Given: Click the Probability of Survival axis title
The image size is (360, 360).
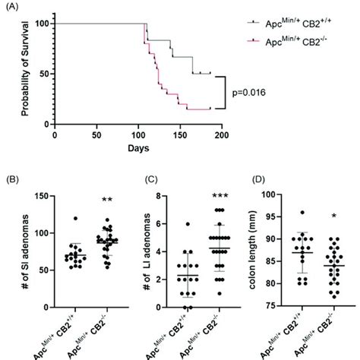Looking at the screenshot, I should click(x=25, y=72).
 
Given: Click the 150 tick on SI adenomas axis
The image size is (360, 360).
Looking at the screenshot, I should click(x=43, y=197).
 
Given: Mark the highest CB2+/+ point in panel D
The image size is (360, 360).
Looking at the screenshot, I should click(x=301, y=213).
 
